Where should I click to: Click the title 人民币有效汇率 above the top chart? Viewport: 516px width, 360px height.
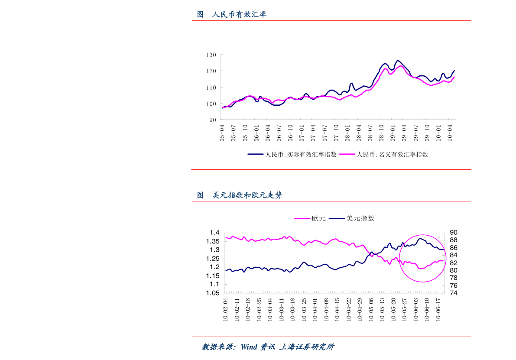(x=239, y=15)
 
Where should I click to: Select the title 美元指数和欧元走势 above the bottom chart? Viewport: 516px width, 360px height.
(x=247, y=195)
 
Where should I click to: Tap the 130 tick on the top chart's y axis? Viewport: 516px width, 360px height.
(x=211, y=55)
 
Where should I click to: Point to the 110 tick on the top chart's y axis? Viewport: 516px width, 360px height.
(x=211, y=88)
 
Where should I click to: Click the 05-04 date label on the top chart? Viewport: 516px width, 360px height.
(x=222, y=133)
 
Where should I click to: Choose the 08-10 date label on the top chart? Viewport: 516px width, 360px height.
(x=381, y=133)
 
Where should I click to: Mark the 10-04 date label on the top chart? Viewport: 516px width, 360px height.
(x=450, y=133)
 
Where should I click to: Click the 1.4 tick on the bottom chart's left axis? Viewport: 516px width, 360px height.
(x=215, y=233)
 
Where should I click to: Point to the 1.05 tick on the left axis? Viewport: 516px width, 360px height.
(x=213, y=293)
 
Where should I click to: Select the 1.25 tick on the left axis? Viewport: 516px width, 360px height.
(x=213, y=259)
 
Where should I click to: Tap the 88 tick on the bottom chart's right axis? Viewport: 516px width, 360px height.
(x=454, y=240)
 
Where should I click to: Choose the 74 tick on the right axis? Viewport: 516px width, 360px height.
(x=454, y=293)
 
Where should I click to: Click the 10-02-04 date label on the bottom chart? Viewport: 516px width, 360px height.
(x=225, y=309)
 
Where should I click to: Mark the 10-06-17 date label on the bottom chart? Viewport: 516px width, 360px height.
(x=438, y=309)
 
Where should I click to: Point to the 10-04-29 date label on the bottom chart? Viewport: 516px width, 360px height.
(x=359, y=309)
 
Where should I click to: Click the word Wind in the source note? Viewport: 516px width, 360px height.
(x=249, y=347)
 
